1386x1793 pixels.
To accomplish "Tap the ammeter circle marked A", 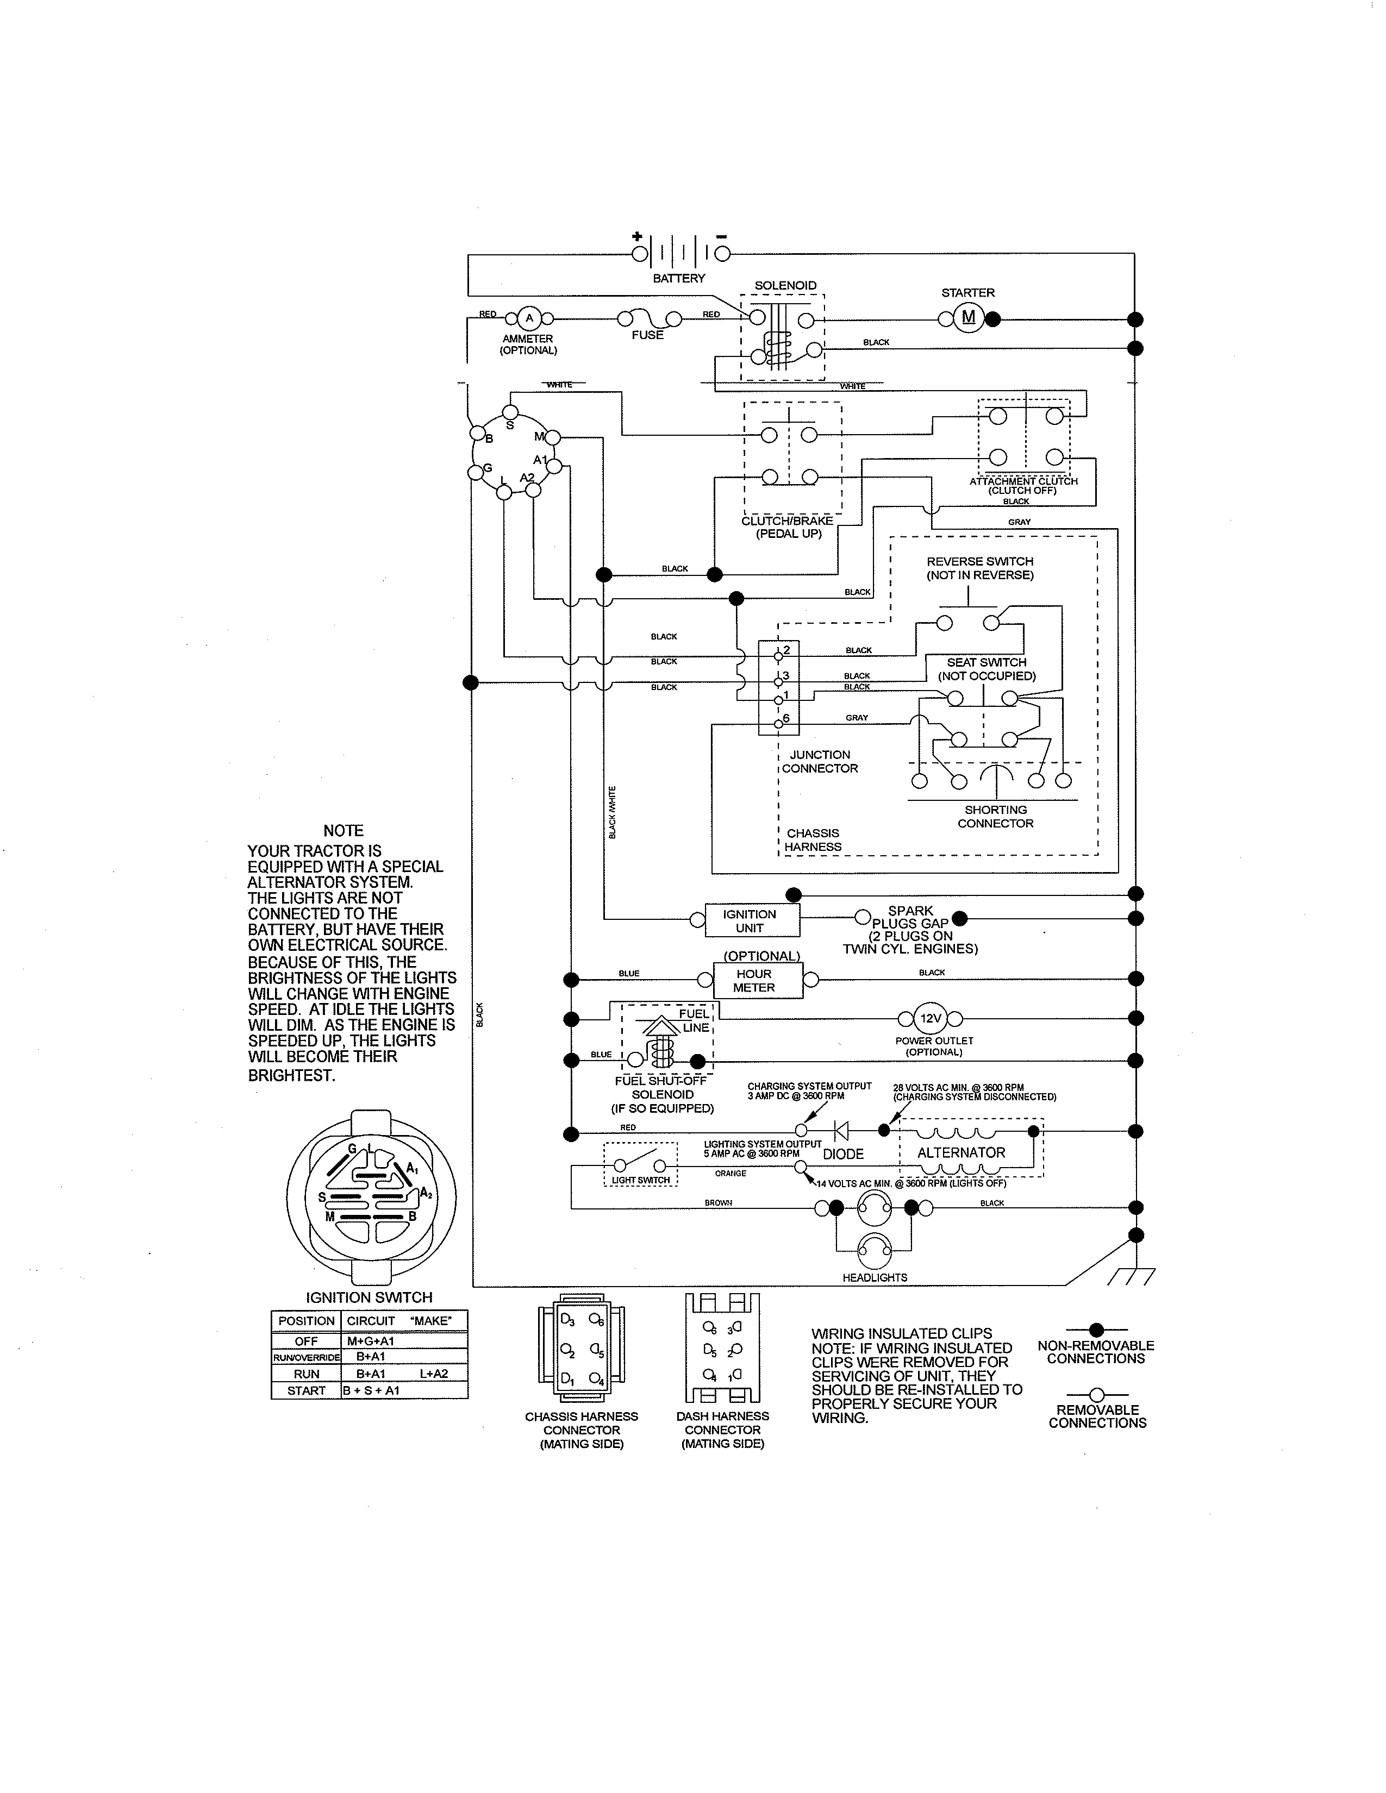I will click(x=529, y=318).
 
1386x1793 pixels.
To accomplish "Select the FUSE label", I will click(x=647, y=335).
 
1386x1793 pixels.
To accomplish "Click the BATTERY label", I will click(x=678, y=278).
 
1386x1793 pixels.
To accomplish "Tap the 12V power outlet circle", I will click(x=931, y=1019).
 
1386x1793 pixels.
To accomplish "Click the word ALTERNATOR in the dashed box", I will click(x=960, y=1152).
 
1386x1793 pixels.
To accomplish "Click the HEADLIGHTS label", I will click(x=875, y=1277).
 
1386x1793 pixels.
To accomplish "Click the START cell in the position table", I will click(x=306, y=1391).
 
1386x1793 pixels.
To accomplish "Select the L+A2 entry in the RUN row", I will click(x=434, y=1374).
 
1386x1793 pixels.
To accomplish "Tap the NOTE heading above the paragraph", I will click(x=343, y=831).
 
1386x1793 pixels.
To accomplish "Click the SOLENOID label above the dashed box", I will click(x=785, y=286).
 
